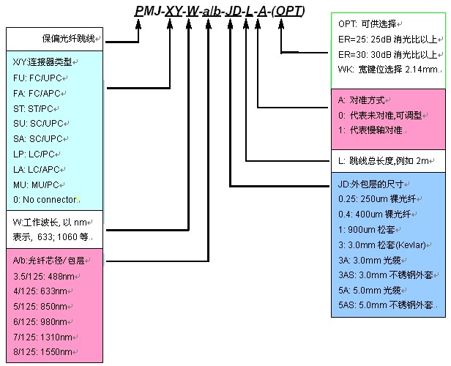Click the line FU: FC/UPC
point(39,78)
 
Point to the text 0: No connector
point(45,199)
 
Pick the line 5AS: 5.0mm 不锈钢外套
point(385,305)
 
